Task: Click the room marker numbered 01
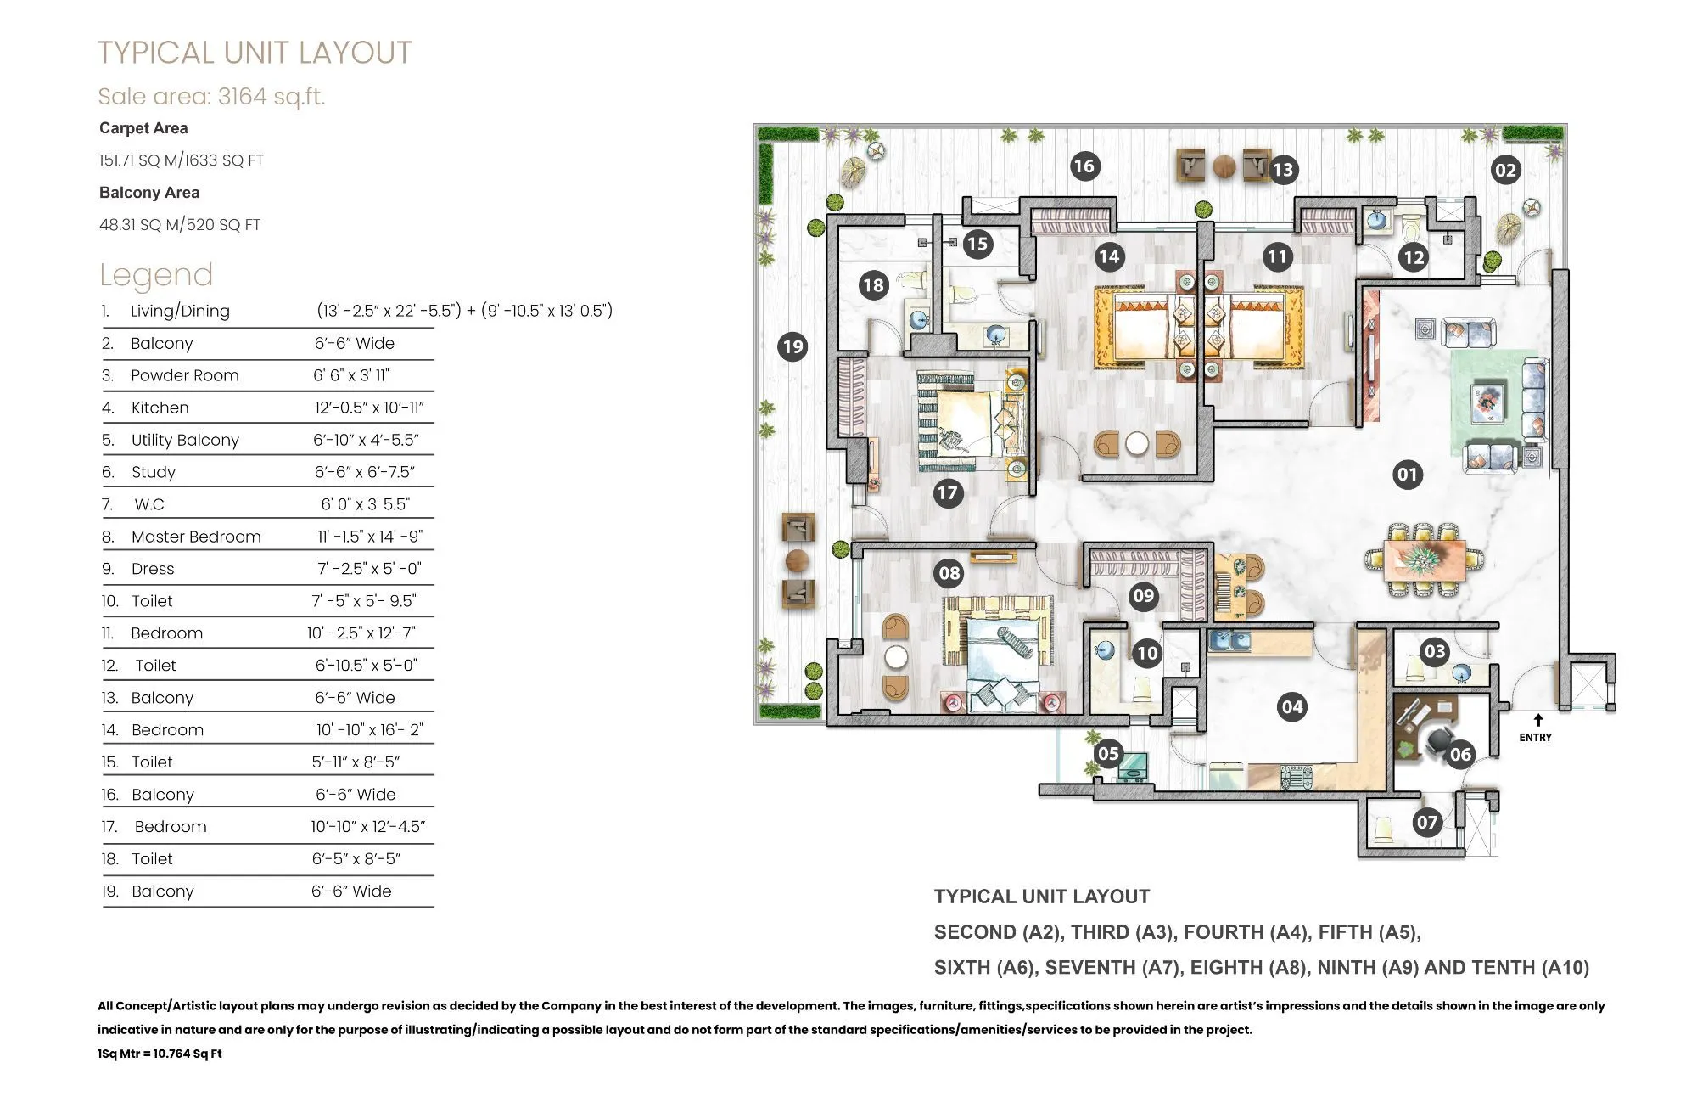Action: click(x=1407, y=474)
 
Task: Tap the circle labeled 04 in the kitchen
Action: click(x=1292, y=706)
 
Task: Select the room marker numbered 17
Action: click(x=948, y=492)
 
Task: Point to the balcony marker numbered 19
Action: click(x=792, y=346)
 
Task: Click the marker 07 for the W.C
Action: click(x=1427, y=821)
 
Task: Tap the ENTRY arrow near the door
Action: click(x=1537, y=720)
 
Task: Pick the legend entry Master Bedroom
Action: click(x=196, y=537)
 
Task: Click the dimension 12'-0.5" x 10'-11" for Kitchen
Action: click(x=369, y=408)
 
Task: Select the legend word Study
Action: click(x=154, y=472)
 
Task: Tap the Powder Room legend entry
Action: click(x=185, y=375)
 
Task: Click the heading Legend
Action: click(x=156, y=274)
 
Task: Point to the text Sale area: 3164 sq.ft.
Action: click(x=211, y=96)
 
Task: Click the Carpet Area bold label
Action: click(x=143, y=128)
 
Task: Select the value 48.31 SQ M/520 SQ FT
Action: click(x=180, y=225)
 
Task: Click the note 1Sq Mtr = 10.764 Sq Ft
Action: click(x=160, y=1054)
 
